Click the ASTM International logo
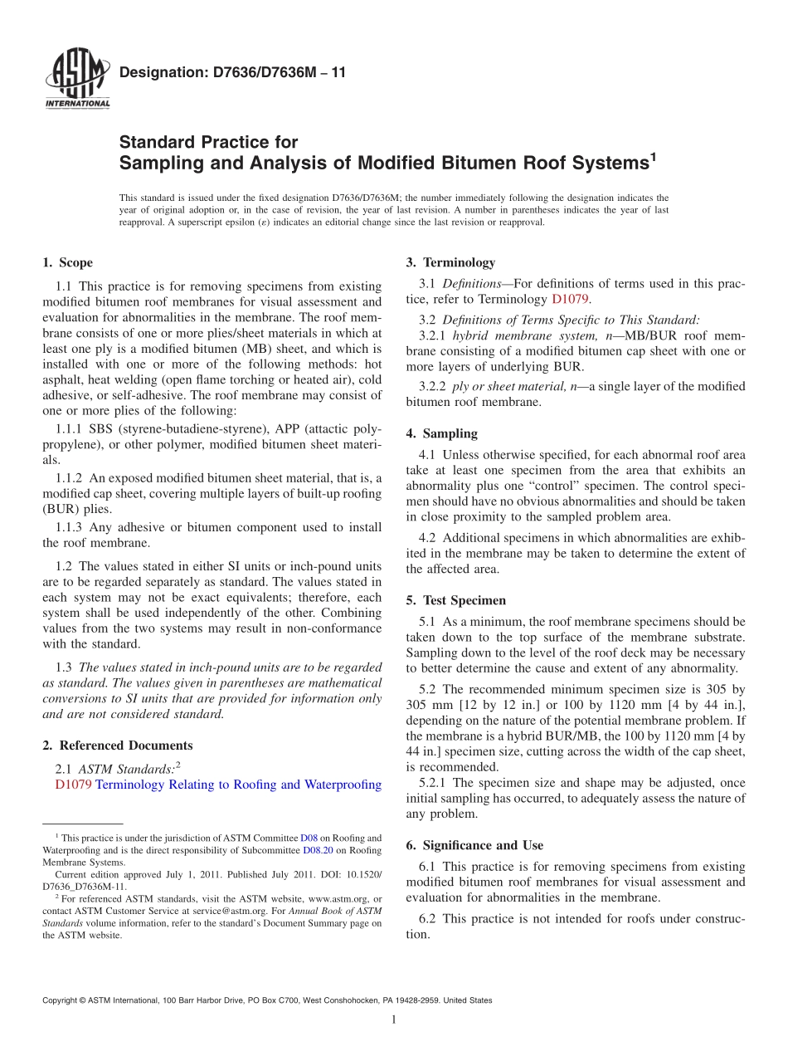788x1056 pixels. pyautogui.click(x=77, y=81)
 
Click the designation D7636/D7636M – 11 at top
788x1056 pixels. pyautogui.click(x=233, y=73)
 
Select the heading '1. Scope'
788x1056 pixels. pyautogui.click(x=67, y=263)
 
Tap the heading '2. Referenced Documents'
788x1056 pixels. pyautogui.click(x=117, y=746)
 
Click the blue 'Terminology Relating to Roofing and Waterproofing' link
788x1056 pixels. pyautogui.click(x=239, y=785)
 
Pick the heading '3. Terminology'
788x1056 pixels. pyautogui.click(x=450, y=263)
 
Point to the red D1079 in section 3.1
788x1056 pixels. pyautogui.click(x=570, y=299)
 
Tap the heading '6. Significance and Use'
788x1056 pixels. pyautogui.click(x=474, y=845)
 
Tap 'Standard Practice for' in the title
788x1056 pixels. pyautogui.click(x=208, y=142)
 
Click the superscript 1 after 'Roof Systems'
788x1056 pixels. pyautogui.click(x=653, y=155)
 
